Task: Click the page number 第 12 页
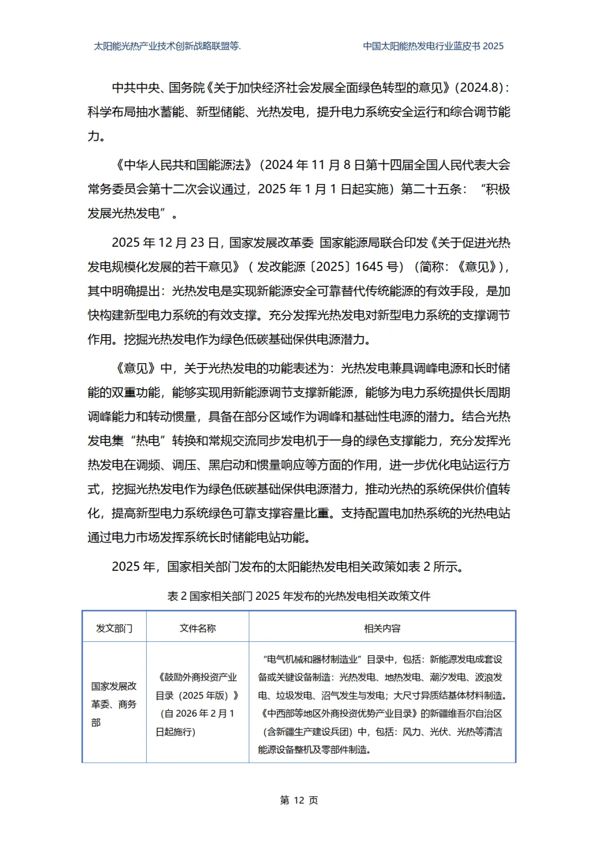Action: (x=299, y=800)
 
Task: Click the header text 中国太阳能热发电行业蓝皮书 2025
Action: (x=433, y=47)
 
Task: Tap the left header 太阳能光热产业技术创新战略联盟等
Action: (x=167, y=47)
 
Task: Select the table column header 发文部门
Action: (x=114, y=628)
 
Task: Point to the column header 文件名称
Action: (x=198, y=628)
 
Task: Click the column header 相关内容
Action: (x=382, y=628)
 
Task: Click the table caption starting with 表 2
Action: (x=299, y=596)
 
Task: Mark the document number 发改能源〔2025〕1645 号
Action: (x=328, y=267)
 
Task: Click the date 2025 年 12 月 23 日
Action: (x=166, y=243)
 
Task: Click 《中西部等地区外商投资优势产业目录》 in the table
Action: (x=338, y=714)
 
